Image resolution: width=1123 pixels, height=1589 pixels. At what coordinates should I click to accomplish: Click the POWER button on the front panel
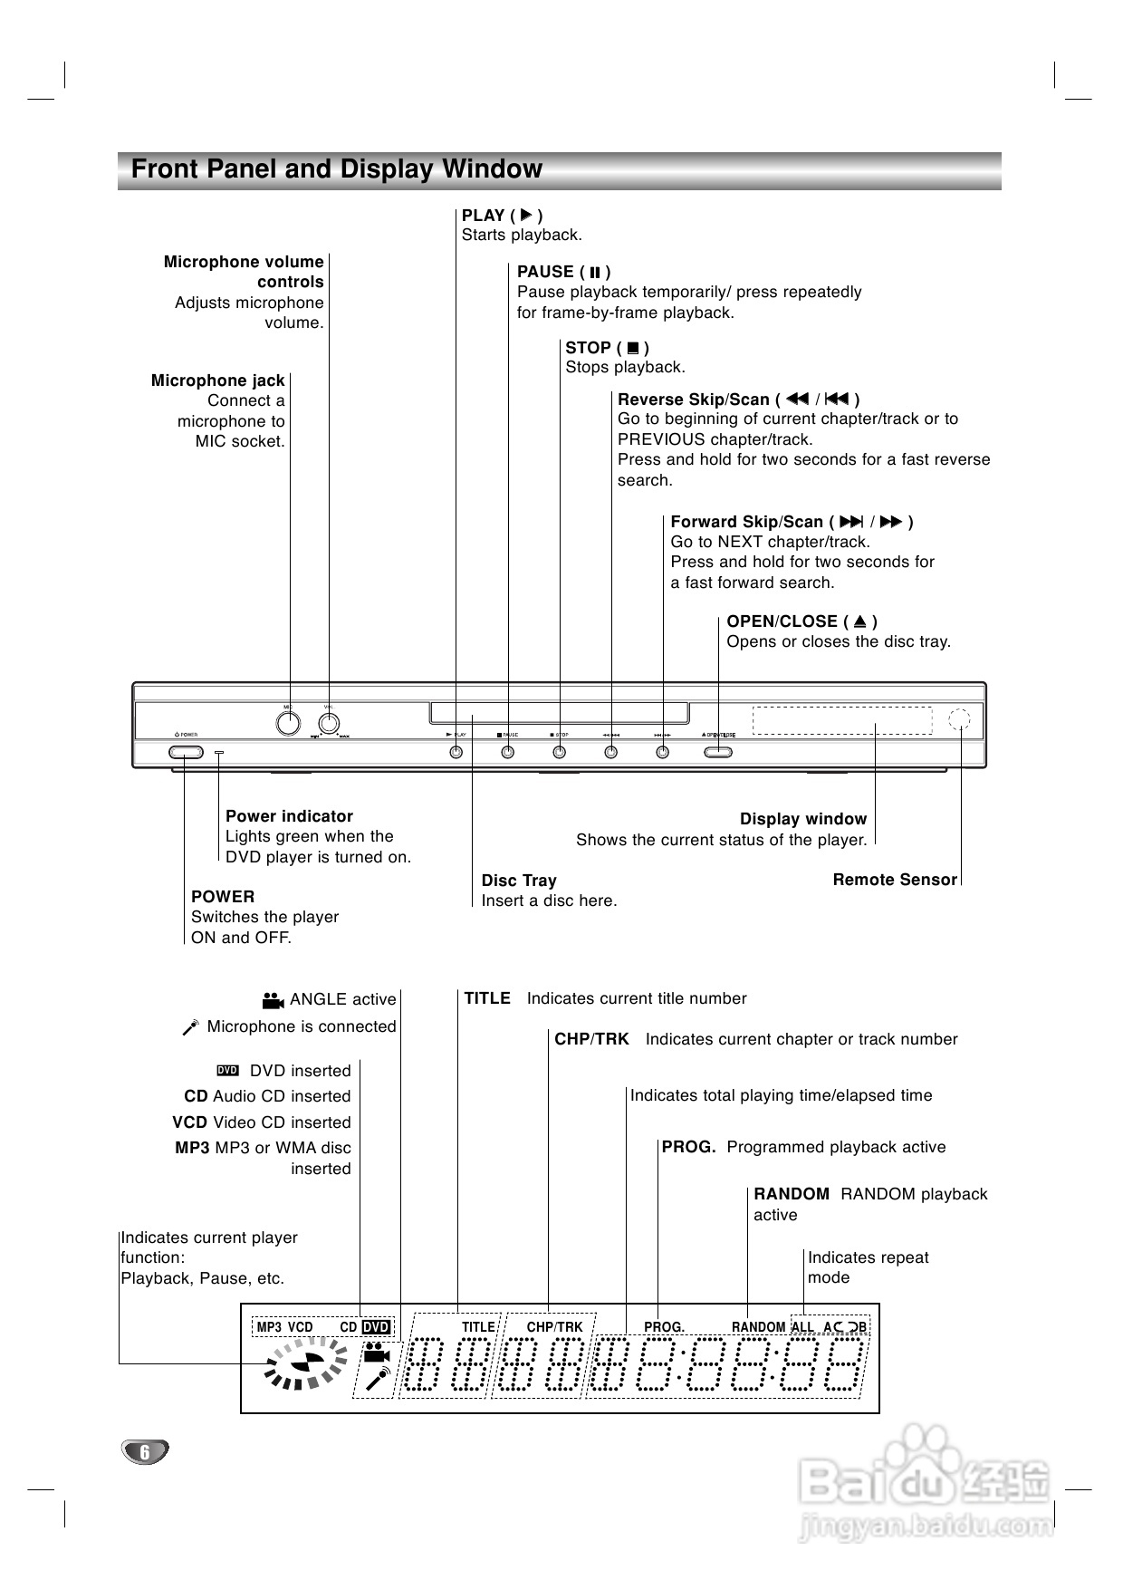(x=185, y=752)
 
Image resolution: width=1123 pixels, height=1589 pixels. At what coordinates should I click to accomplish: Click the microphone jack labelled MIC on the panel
(x=288, y=723)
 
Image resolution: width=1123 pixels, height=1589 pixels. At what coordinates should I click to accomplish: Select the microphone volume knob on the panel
(x=329, y=723)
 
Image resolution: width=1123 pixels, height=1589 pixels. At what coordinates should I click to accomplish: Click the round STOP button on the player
(x=560, y=752)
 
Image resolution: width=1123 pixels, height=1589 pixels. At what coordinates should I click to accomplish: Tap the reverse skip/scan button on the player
(x=611, y=752)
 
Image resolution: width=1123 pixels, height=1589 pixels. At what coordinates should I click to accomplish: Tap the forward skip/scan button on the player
(x=663, y=752)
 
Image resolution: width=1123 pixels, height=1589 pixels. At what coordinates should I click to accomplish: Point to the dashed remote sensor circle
(x=959, y=720)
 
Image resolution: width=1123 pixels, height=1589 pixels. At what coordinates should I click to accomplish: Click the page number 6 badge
(x=145, y=1451)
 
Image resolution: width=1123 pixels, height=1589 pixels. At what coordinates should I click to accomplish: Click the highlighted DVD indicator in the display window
(x=376, y=1327)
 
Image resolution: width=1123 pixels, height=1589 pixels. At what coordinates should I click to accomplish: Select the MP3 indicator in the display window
(x=269, y=1327)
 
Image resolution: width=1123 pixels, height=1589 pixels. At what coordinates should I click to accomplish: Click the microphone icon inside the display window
(x=377, y=1379)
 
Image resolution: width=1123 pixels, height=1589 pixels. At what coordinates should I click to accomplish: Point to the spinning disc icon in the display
(x=305, y=1365)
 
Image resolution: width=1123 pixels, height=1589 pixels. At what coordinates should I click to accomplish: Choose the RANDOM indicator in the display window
(x=758, y=1327)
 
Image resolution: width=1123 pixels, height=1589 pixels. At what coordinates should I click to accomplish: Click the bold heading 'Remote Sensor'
(x=895, y=880)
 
